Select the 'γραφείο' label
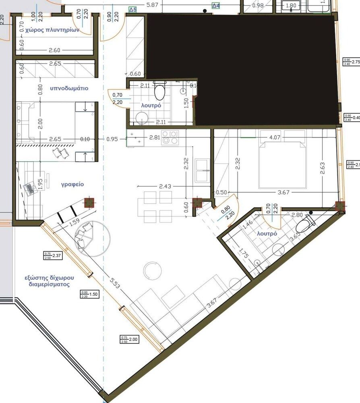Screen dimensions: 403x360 tap(72, 184)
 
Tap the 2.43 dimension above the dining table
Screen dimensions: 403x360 tap(166, 186)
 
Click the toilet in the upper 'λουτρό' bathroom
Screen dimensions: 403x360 tap(160, 91)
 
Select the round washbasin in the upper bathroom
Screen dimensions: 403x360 tap(142, 117)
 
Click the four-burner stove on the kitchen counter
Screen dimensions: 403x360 tap(170, 137)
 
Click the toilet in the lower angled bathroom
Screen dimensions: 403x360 tap(308, 221)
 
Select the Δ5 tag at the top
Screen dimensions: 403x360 tap(132, 8)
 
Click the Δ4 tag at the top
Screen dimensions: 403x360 tap(216, 6)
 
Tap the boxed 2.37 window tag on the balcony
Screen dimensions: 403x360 tap(52, 255)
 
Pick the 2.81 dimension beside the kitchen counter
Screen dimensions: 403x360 tap(154, 137)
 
